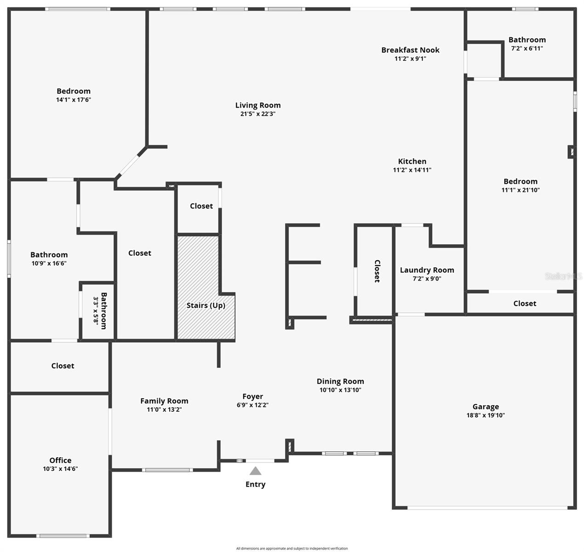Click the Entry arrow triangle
(x=255, y=471)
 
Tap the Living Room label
(x=258, y=105)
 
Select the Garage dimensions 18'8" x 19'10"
(x=486, y=415)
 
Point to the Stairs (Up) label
(x=206, y=305)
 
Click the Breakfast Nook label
(x=410, y=50)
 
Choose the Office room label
(x=60, y=460)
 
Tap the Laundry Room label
(x=427, y=270)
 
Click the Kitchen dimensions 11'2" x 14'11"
(x=412, y=170)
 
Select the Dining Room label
(x=340, y=381)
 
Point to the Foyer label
(x=252, y=397)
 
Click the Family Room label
(x=164, y=401)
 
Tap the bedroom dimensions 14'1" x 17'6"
(x=74, y=100)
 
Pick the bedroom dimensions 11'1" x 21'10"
(x=521, y=190)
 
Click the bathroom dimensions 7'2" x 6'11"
(x=527, y=48)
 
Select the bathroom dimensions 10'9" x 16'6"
(x=49, y=264)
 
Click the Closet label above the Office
(x=63, y=366)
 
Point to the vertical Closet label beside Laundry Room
(x=377, y=271)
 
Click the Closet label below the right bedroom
(x=525, y=304)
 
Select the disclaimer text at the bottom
(x=292, y=548)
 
